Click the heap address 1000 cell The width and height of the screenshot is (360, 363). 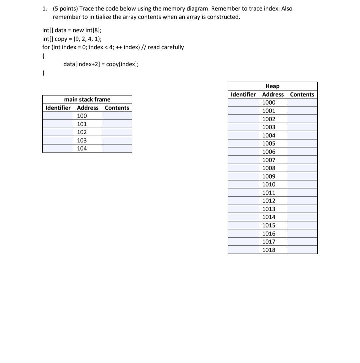269,103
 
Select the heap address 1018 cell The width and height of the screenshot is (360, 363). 269,250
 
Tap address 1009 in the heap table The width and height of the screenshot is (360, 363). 269,176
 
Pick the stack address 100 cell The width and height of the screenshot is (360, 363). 82,116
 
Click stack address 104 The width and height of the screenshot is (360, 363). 82,149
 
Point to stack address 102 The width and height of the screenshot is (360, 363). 82,132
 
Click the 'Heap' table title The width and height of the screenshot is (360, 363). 272,86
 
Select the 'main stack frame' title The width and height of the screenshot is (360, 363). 87,99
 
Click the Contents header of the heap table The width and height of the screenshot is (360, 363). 302,94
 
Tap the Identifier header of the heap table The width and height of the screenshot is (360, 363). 243,94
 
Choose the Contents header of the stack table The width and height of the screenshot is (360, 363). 117,108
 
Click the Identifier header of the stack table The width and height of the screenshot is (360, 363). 58,108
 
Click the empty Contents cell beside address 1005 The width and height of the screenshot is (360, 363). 302,144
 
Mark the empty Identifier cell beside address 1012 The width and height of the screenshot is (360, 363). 243,201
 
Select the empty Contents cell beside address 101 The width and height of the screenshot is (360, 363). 117,124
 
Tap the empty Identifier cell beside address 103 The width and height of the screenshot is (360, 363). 58,140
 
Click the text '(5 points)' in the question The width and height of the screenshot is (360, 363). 65,9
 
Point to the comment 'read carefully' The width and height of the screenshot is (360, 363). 166,47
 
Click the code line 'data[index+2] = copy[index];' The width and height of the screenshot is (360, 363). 101,64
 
